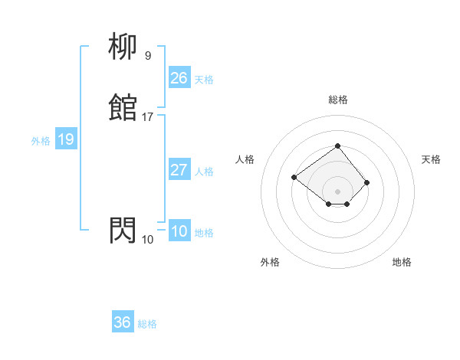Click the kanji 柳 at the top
pos(123,47)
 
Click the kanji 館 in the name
pos(123,108)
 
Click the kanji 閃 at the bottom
pos(123,230)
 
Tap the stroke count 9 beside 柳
pos(148,56)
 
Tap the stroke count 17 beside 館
pos(148,117)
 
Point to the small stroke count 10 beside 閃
pos(148,240)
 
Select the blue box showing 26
pos(179,77)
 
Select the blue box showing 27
pos(179,170)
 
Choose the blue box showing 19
pos(65,139)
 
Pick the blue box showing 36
pos(122,322)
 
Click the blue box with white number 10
pos(179,231)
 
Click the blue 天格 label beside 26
pos(204,79)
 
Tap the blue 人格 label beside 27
pos(204,172)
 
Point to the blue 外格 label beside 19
pos(40,141)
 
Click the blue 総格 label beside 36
pos(147,324)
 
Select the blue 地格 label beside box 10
pos(204,233)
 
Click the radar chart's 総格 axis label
pos(337,100)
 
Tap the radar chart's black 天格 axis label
pos(431,159)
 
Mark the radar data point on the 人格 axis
pos(294,178)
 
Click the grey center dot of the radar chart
pos(337,191)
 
